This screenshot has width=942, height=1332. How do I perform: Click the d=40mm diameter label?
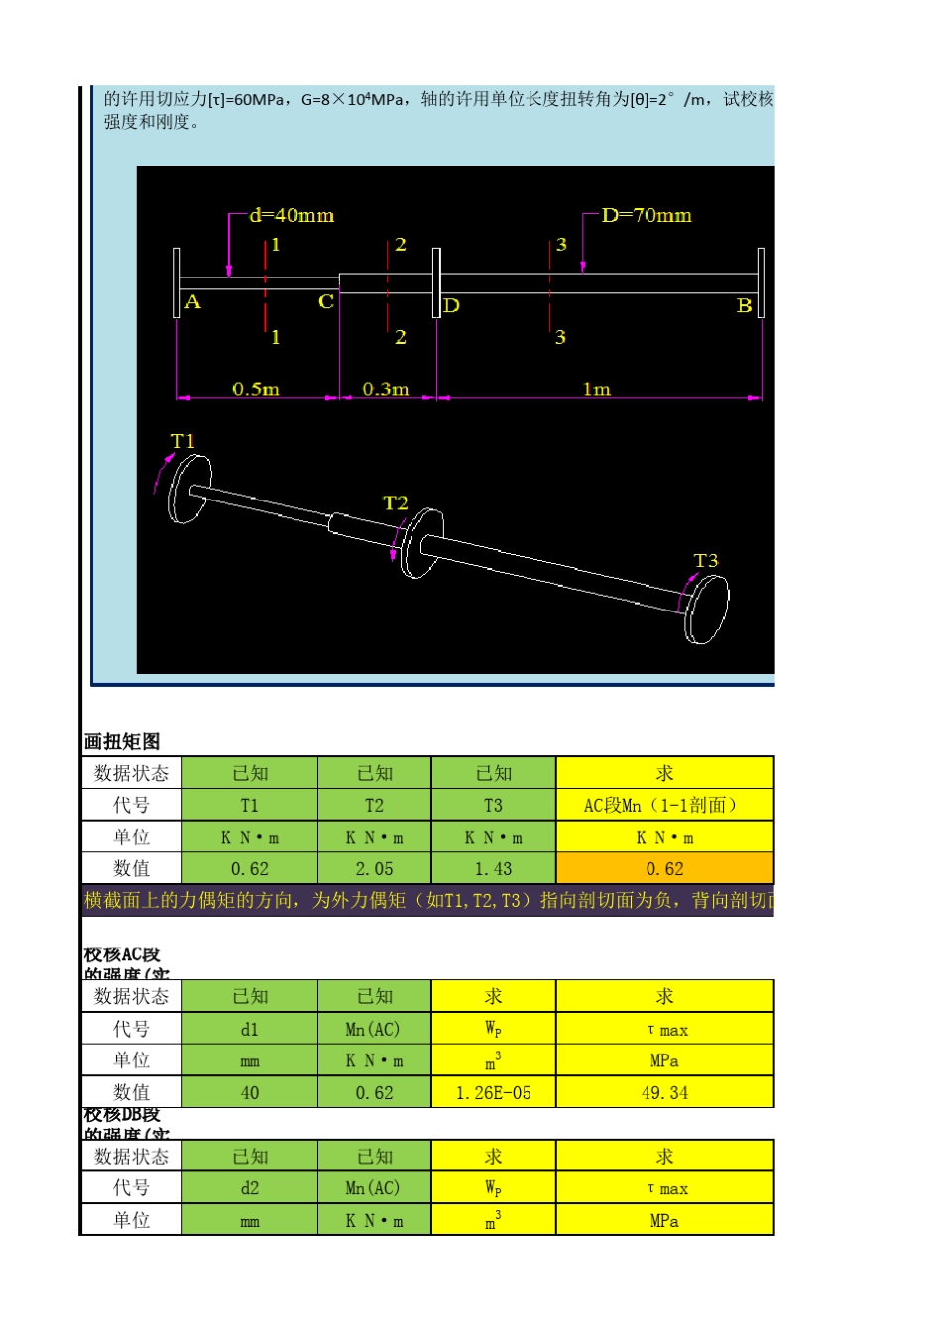pos(292,215)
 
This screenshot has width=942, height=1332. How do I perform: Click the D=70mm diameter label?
pos(647,215)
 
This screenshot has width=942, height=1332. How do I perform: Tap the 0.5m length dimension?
pos(256,389)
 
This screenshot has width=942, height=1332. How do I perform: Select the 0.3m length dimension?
pos(386,389)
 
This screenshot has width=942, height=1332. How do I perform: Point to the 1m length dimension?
pos(596,389)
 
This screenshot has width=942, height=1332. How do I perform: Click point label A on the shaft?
pos(192,302)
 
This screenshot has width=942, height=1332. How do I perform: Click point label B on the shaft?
pos(744,306)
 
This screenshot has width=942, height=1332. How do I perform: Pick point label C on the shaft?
pos(325,302)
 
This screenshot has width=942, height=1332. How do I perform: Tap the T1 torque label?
pos(183,441)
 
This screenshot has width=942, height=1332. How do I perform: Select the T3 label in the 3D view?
pos(706,561)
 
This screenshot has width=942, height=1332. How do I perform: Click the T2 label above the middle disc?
pos(396,503)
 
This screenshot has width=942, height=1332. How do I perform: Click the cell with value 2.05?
pos(374,869)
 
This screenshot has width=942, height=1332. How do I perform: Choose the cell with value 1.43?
pos(493,869)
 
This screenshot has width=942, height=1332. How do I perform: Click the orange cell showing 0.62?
pos(664,869)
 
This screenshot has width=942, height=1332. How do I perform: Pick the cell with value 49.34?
pos(664,1093)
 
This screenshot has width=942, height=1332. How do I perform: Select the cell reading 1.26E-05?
pos(493,1093)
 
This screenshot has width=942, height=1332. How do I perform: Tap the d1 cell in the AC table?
pos(249,1030)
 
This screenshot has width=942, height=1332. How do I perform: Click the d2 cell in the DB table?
pos(249,1188)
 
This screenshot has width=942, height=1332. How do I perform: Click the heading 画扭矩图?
pos(122,741)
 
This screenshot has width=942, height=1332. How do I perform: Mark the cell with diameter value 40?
pos(249,1093)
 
